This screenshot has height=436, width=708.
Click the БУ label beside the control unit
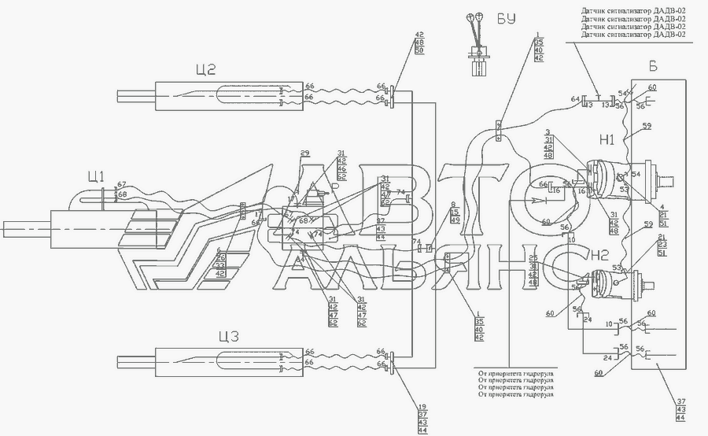coord(506,19)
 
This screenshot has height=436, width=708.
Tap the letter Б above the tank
coord(652,65)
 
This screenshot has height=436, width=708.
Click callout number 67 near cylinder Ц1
coord(120,186)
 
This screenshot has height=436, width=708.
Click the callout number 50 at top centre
coord(419,51)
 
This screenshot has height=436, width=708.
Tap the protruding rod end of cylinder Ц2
coord(135,96)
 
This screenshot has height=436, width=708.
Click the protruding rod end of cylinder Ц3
coord(135,363)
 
